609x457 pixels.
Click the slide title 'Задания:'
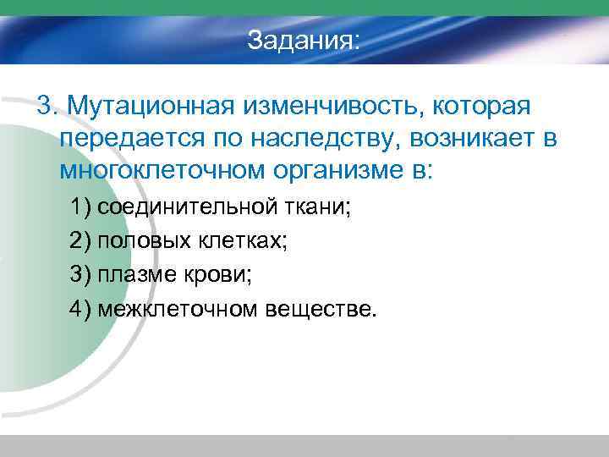[304, 41]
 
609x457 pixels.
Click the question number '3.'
[47, 107]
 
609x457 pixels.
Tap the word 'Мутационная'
[154, 107]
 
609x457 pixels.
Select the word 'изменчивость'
[335, 107]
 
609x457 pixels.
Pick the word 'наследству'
[329, 139]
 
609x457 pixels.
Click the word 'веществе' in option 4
[318, 309]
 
